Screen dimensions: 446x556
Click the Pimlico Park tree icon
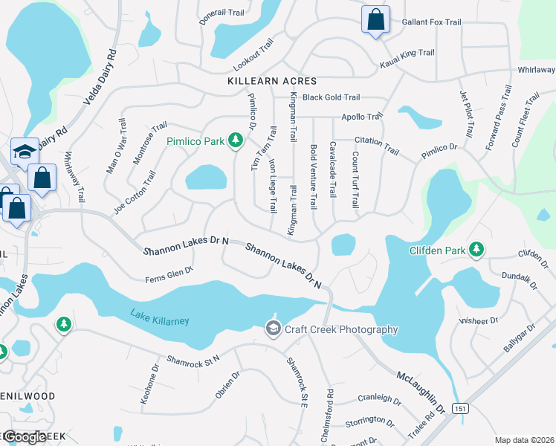[236, 140]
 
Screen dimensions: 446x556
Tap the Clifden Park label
[437, 251]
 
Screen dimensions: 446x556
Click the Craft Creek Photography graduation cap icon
[273, 329]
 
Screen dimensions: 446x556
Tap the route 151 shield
[462, 408]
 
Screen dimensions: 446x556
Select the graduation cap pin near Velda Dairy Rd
[24, 153]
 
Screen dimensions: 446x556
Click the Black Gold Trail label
[331, 97]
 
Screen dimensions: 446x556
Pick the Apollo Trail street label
[361, 117]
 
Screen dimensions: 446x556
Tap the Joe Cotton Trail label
[135, 193]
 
